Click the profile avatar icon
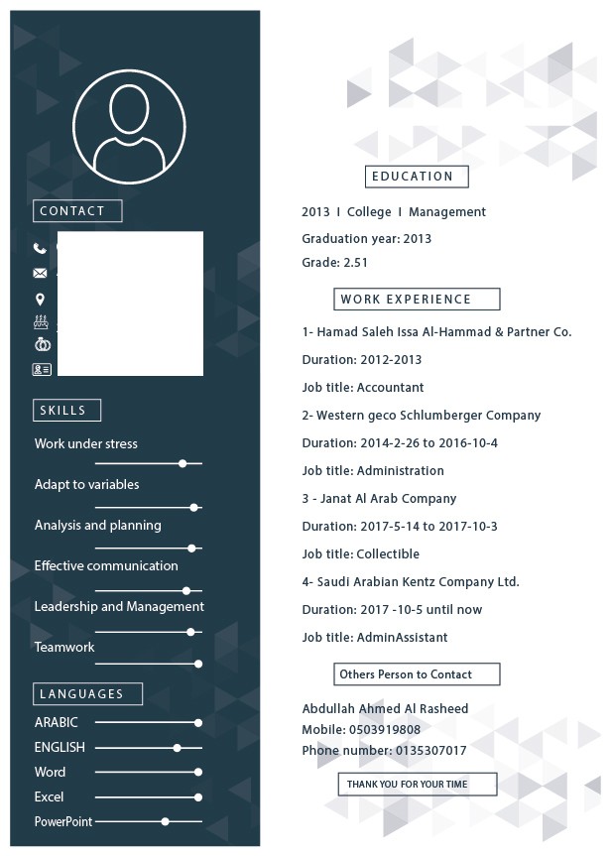pos(129,126)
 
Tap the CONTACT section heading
pos(77,211)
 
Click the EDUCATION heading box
pos(417,177)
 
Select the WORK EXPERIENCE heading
pos(417,299)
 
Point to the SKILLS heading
pos(67,411)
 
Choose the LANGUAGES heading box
pos(87,694)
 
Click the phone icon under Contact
pos(40,249)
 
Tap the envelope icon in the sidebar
pos(40,273)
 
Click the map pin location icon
pos(40,299)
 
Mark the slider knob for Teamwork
pos(198,664)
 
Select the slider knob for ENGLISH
pos(178,748)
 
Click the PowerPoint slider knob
pos(166,821)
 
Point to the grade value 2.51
pos(355,263)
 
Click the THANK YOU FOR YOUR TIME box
pos(417,784)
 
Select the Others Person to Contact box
pos(417,674)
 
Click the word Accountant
pos(390,388)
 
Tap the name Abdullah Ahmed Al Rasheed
pos(385,709)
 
